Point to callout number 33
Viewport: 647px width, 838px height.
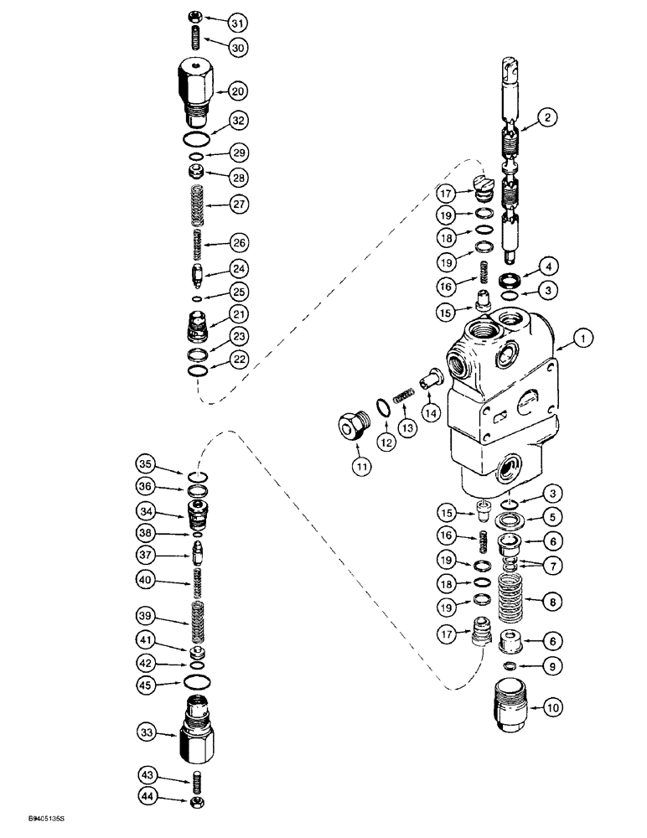click(x=148, y=734)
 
